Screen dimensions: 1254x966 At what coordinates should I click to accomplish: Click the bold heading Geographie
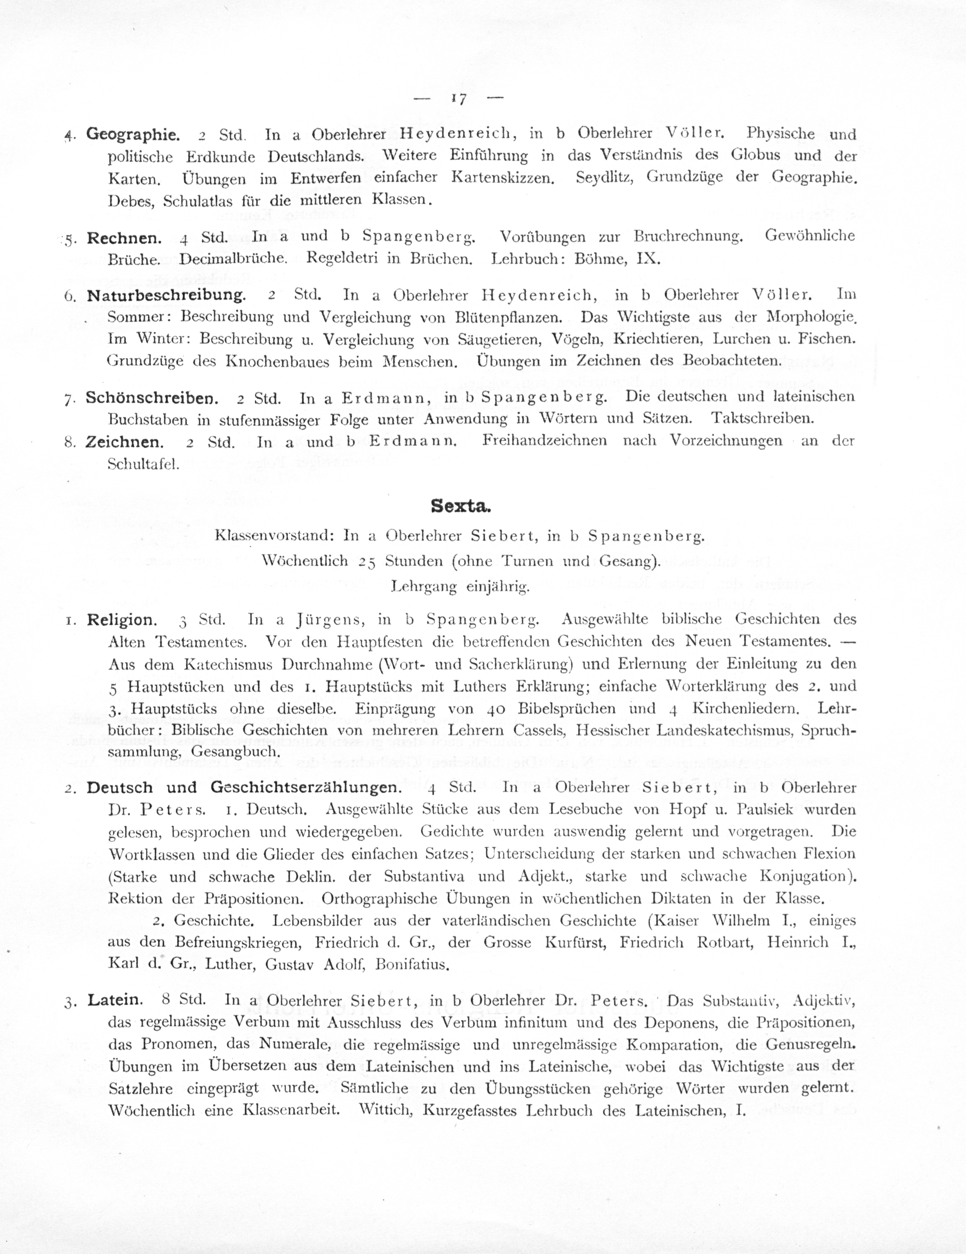click(x=133, y=134)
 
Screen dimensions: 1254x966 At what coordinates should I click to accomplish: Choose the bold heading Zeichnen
click(x=124, y=442)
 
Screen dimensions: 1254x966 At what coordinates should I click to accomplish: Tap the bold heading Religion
click(x=121, y=620)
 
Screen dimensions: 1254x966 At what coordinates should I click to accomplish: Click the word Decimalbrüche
click(x=233, y=259)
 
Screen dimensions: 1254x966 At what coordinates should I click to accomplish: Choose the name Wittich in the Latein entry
click(x=386, y=1110)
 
